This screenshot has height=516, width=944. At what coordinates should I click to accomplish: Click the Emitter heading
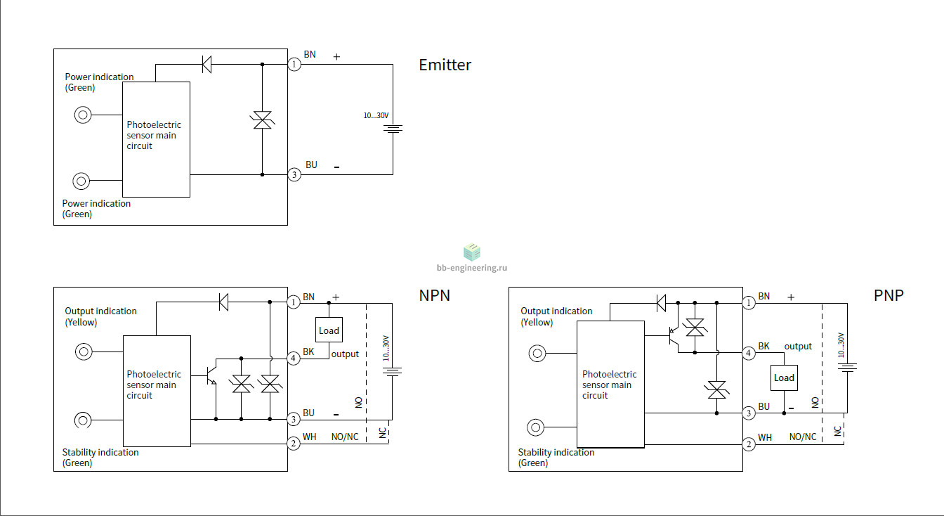(x=445, y=65)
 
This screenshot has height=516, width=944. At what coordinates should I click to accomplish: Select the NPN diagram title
(x=435, y=295)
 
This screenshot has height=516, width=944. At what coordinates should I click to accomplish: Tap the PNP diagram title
(x=889, y=295)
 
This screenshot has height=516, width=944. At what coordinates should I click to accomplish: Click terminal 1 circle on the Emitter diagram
(x=294, y=65)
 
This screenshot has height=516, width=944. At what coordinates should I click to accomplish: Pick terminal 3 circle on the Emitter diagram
(x=294, y=174)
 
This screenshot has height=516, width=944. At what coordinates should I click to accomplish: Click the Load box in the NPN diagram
(x=329, y=330)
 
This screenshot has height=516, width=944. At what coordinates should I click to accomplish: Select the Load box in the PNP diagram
(x=784, y=378)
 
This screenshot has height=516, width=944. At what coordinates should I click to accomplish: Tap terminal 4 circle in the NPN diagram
(x=294, y=359)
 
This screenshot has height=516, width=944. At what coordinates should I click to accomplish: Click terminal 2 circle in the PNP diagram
(x=749, y=444)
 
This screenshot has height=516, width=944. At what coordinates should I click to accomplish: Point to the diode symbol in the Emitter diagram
(x=207, y=65)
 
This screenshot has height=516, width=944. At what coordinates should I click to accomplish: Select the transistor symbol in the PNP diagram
(x=674, y=338)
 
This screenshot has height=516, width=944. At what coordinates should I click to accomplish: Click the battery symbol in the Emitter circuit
(x=393, y=129)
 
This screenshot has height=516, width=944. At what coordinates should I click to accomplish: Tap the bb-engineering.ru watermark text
(x=471, y=268)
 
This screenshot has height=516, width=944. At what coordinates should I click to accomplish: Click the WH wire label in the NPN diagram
(x=309, y=437)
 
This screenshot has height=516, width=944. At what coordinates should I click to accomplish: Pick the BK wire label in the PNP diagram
(x=763, y=347)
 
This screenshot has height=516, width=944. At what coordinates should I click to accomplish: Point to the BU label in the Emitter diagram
(x=311, y=165)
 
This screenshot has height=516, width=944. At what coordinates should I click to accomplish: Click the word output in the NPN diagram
(x=345, y=354)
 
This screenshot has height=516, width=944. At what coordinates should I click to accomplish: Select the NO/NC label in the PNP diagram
(x=802, y=437)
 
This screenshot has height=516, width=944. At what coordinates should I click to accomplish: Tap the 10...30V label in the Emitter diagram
(x=376, y=115)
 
